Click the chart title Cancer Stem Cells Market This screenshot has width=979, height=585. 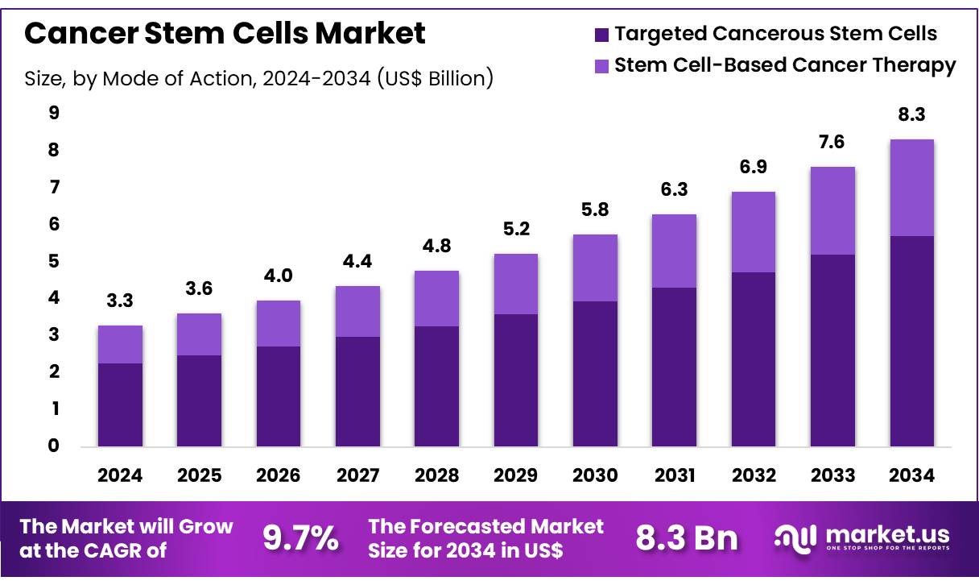(225, 33)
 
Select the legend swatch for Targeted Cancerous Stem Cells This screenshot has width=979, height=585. (601, 34)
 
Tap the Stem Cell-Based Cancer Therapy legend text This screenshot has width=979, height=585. (785, 65)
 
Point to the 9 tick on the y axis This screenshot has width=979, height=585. (54, 114)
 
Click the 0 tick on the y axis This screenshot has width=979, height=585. (54, 446)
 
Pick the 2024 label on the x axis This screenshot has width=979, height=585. (120, 475)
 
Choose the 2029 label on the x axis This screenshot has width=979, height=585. (516, 475)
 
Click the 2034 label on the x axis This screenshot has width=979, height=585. (912, 475)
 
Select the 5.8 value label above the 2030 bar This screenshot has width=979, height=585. (595, 210)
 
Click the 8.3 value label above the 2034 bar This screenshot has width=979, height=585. (912, 116)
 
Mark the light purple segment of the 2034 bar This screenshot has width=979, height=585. (912, 188)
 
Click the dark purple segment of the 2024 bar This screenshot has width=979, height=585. (120, 405)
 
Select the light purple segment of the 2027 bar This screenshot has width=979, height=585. (357, 311)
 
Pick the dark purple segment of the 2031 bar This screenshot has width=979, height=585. (675, 367)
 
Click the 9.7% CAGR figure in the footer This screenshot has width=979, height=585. (301, 539)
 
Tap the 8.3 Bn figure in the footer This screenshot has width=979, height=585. (686, 539)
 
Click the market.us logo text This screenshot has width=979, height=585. (886, 534)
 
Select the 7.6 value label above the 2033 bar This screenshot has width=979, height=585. (833, 143)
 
